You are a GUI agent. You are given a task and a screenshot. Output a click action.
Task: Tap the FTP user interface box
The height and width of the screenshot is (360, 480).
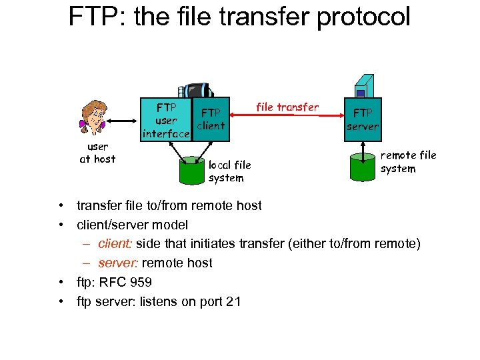(x=166, y=120)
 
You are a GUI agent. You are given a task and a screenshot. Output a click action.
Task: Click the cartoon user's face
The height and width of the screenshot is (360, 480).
(x=95, y=119)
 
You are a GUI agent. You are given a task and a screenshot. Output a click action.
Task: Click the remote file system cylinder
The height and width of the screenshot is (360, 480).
(x=364, y=165)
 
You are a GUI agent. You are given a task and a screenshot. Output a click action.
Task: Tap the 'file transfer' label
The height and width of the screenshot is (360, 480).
(x=287, y=107)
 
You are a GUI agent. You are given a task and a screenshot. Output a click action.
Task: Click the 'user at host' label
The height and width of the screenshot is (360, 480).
(x=97, y=153)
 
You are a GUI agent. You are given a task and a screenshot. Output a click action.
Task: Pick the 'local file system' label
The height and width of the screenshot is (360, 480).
(x=229, y=171)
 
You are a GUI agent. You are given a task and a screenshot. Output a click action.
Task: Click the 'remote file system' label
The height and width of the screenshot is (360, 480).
(x=408, y=162)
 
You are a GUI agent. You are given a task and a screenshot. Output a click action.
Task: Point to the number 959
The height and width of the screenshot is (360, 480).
(x=141, y=282)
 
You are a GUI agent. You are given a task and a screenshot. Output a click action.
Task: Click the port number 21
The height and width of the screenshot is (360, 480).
(x=233, y=301)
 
